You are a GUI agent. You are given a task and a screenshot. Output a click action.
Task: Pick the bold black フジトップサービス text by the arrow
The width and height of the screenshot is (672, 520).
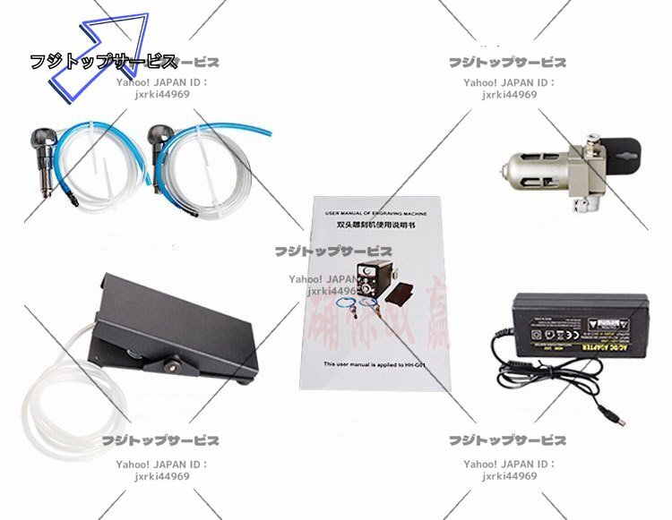(103, 62)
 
